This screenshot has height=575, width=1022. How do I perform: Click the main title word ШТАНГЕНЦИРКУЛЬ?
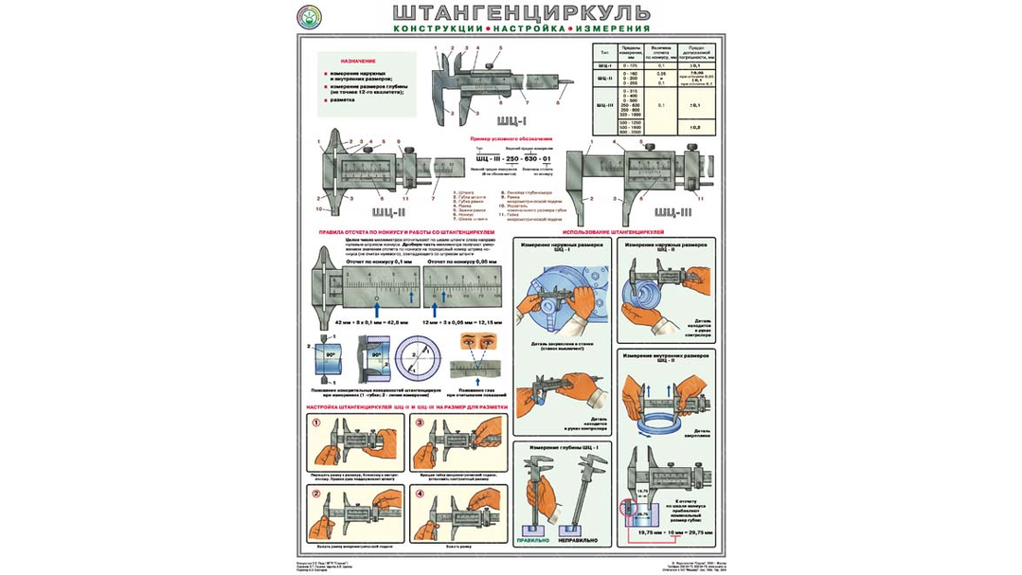click(520, 13)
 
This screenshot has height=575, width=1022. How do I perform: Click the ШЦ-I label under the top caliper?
click(508, 121)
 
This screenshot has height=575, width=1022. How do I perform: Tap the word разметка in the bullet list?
click(342, 99)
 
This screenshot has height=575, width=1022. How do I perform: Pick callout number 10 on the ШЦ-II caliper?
click(320, 209)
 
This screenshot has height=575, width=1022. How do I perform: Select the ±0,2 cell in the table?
click(694, 126)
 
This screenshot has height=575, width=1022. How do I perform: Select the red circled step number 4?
click(418, 494)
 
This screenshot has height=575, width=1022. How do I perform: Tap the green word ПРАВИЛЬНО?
click(532, 540)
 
